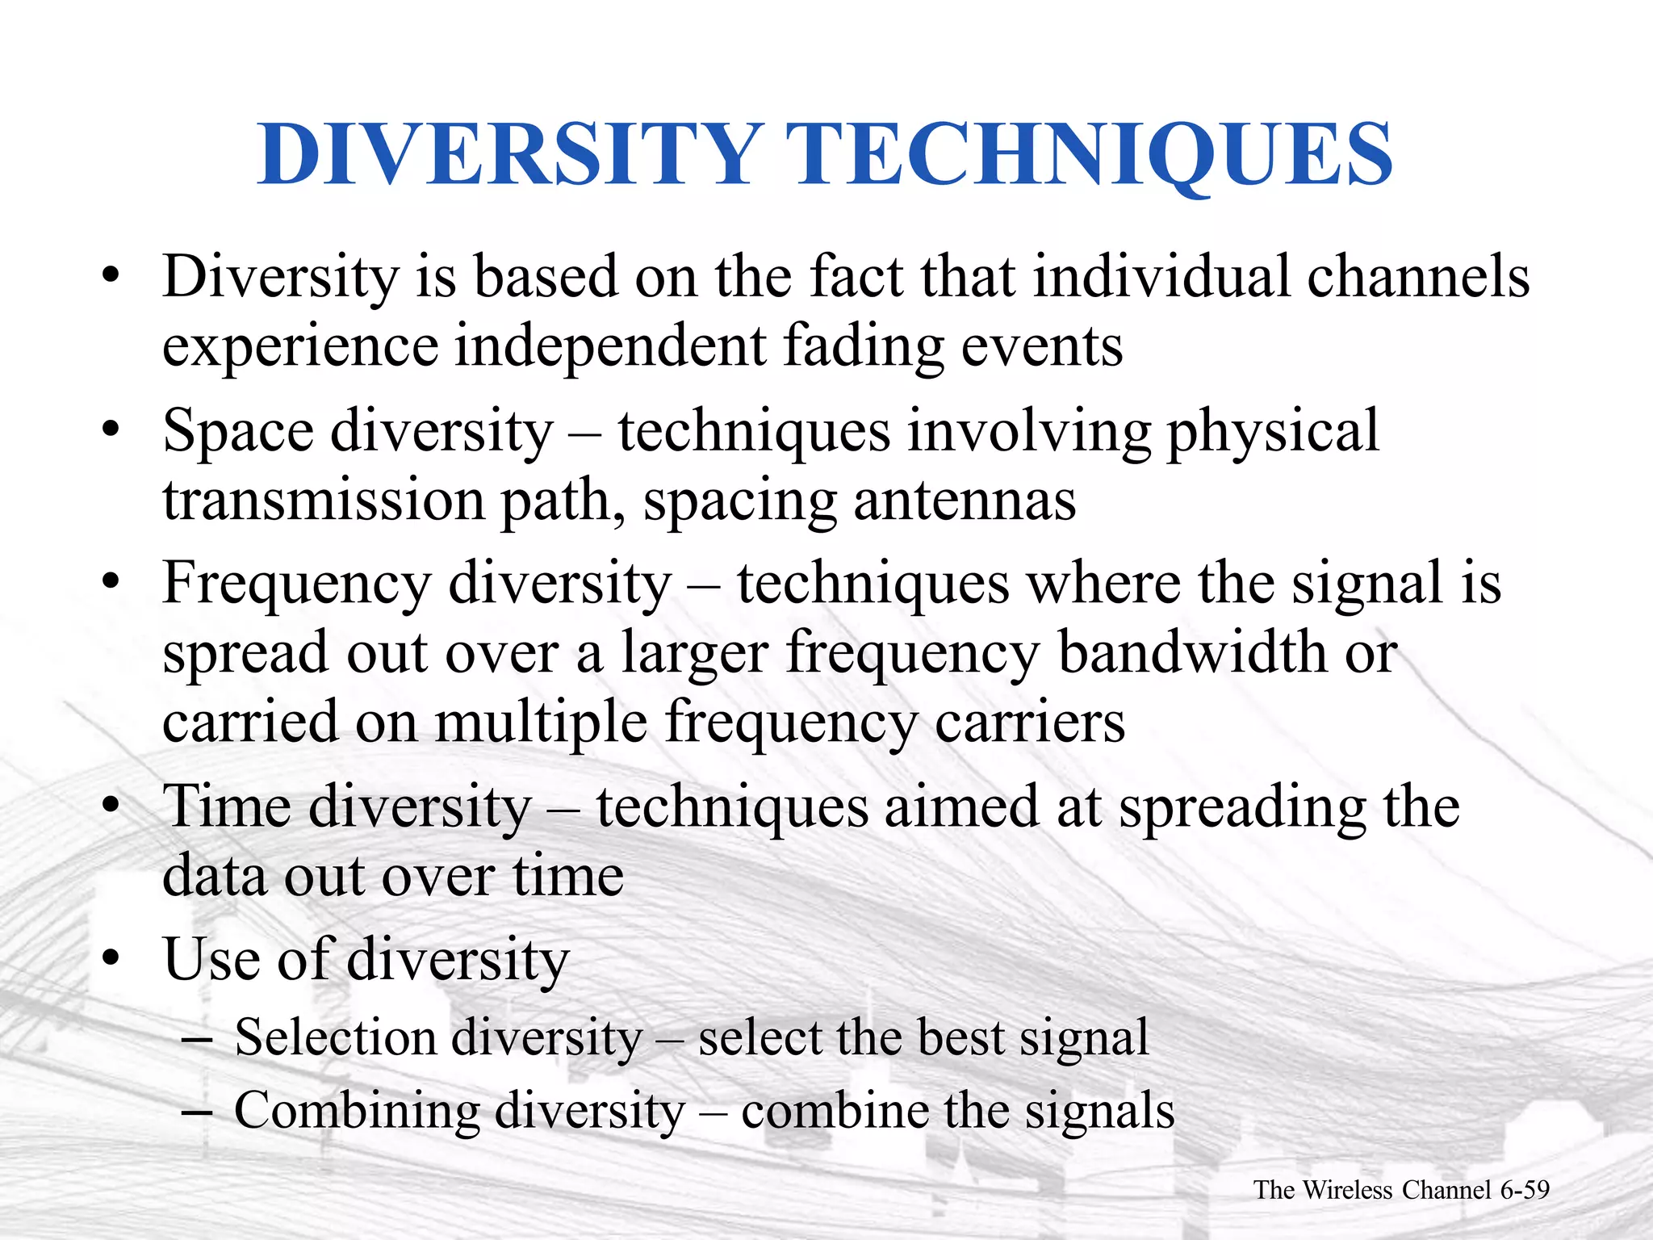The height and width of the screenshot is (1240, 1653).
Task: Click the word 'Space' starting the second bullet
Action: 237,432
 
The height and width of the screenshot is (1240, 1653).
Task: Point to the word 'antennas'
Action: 965,501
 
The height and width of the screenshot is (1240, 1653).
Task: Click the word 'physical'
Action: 1273,432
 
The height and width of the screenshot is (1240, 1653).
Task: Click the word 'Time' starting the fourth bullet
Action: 227,807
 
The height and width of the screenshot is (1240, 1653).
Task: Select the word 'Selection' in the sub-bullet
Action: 334,1037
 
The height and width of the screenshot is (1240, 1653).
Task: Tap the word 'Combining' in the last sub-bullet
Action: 356,1111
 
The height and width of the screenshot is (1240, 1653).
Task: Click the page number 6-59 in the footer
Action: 1525,1190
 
